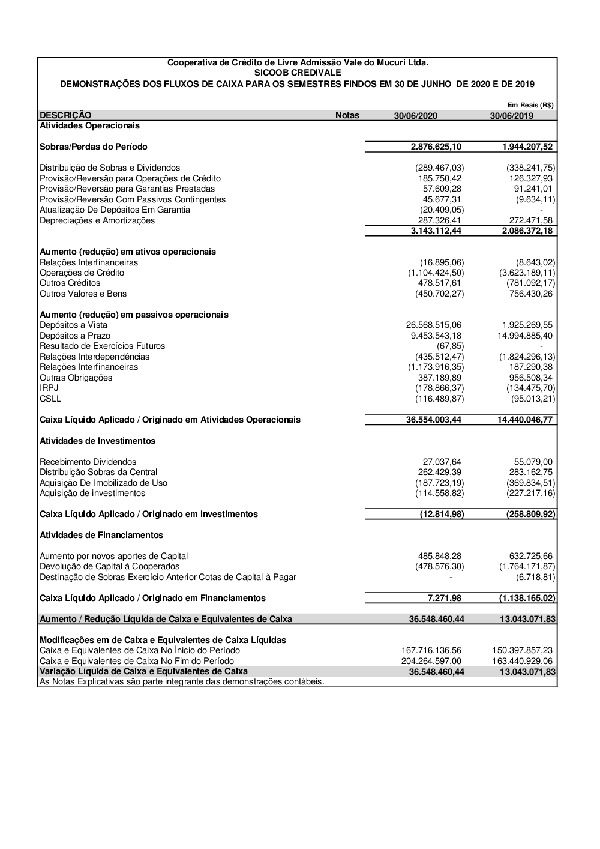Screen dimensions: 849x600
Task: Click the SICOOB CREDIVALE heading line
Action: [298, 73]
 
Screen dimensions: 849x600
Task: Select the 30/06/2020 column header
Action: [416, 116]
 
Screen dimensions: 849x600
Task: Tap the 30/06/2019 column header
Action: [511, 116]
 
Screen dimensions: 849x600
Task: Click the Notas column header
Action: [347, 115]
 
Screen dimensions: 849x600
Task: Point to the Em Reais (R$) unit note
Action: [530, 105]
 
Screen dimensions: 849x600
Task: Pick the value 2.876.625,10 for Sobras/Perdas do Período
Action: [436, 147]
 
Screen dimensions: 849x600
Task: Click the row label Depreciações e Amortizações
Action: [97, 220]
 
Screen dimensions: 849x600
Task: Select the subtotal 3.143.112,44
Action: [436, 231]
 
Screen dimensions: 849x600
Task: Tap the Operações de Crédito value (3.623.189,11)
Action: [527, 273]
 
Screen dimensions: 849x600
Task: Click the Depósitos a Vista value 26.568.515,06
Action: [434, 325]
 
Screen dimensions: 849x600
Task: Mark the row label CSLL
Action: [50, 399]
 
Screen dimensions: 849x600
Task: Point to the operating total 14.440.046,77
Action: [525, 420]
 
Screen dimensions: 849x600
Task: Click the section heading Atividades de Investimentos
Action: [97, 441]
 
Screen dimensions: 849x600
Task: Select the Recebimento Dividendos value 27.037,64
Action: [442, 462]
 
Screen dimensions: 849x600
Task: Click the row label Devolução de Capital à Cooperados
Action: [109, 566]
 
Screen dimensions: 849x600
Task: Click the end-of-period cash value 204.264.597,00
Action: [431, 661]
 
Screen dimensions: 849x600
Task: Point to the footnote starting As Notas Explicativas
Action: [182, 681]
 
